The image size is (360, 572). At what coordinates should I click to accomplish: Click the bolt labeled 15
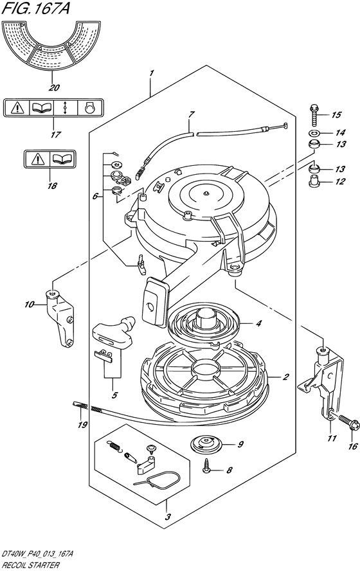(x=314, y=114)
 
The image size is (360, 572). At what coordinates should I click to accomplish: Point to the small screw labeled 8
(x=207, y=468)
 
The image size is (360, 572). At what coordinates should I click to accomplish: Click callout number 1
(x=151, y=73)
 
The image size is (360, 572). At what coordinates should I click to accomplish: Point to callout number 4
(x=258, y=323)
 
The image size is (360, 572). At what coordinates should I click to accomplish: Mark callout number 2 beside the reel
(x=286, y=376)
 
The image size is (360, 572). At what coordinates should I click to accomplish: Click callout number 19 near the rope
(x=82, y=424)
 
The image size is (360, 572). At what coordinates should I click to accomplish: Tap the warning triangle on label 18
(x=37, y=159)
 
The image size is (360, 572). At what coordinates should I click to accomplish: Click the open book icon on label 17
(x=41, y=107)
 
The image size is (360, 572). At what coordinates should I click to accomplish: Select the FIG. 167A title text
(x=35, y=8)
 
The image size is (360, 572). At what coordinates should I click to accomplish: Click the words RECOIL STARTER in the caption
(x=30, y=566)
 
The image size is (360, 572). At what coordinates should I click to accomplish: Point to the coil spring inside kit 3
(x=114, y=447)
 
